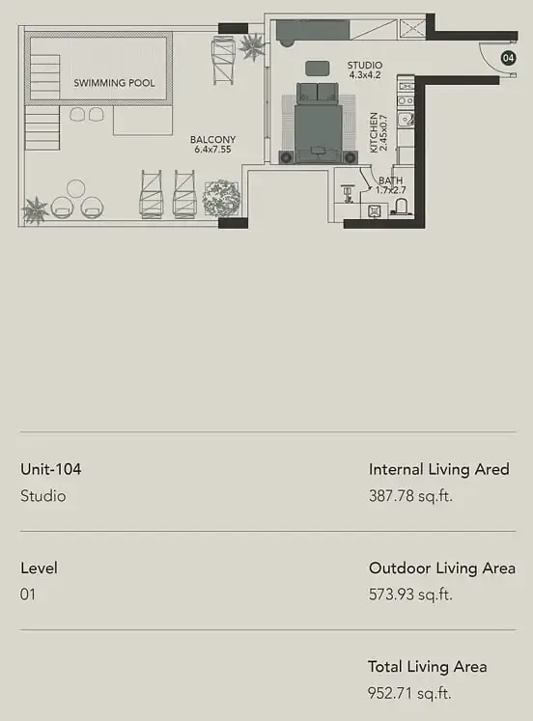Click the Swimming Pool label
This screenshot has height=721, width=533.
tap(114, 83)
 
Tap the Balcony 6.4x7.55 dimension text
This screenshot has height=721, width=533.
tap(212, 150)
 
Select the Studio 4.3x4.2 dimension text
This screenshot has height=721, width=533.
tap(365, 75)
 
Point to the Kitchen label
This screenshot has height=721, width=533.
tap(374, 132)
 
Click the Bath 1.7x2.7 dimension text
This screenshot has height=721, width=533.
tap(391, 190)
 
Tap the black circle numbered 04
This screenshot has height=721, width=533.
tap(508, 58)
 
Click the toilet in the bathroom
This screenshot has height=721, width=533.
tap(400, 208)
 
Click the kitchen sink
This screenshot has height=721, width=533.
tap(406, 121)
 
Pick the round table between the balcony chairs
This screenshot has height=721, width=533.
tap(76, 188)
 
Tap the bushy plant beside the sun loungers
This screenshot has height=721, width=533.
tap(222, 198)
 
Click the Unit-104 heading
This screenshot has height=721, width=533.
tap(51, 469)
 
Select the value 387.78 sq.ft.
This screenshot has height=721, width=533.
tap(410, 496)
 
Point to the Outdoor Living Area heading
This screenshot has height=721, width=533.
tap(442, 568)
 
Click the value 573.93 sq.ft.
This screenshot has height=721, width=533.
tap(410, 595)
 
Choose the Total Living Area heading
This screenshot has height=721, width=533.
tap(427, 667)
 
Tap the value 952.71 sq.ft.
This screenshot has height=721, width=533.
tap(409, 693)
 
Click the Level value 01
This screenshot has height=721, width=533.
tap(28, 595)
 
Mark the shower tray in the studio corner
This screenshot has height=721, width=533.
tap(412, 29)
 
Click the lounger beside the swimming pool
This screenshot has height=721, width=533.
tap(223, 61)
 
